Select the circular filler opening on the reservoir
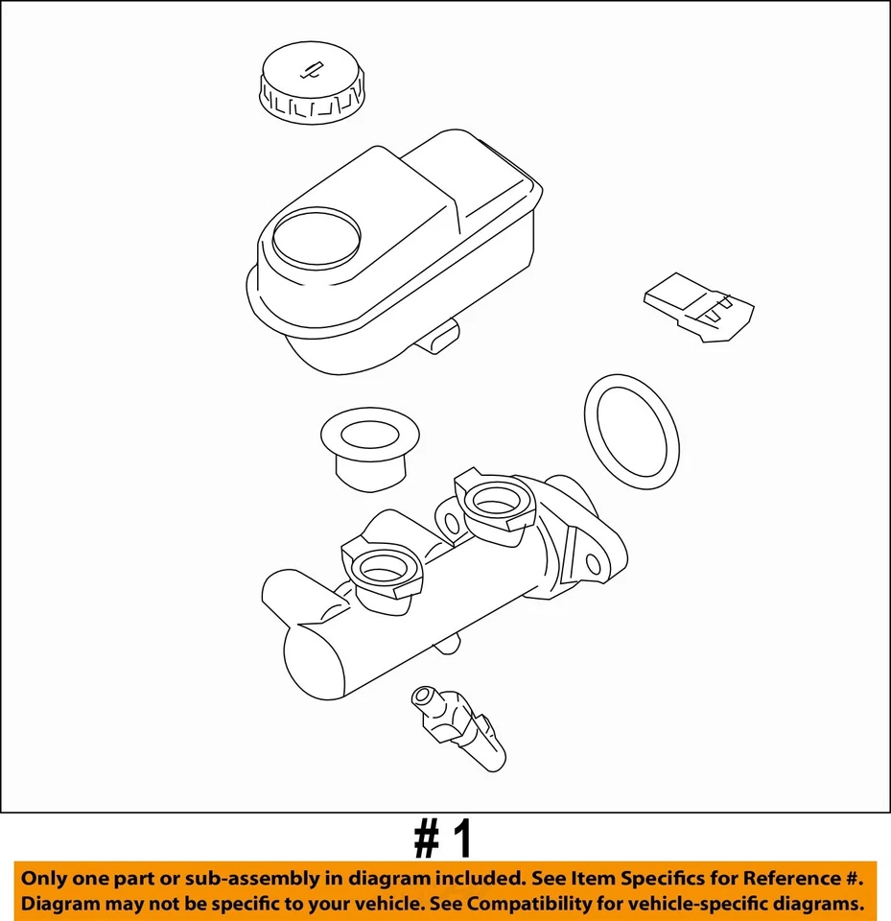tap(317, 237)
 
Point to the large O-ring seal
tap(631, 431)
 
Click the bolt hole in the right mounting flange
tap(594, 564)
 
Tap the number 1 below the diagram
tap(462, 839)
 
